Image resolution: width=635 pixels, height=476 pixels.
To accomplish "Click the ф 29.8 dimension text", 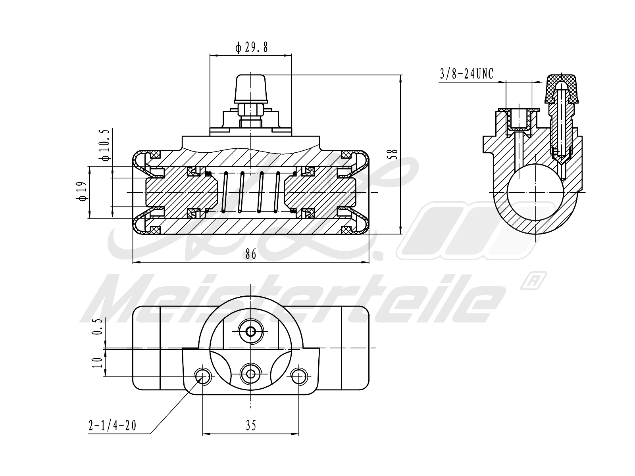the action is (252, 48).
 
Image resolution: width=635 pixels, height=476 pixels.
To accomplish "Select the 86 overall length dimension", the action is (250, 254).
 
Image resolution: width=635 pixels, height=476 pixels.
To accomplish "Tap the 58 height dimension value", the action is (394, 153).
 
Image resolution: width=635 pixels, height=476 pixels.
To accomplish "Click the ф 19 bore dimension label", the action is (83, 192).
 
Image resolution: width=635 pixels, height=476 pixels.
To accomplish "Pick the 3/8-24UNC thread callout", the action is (466, 74).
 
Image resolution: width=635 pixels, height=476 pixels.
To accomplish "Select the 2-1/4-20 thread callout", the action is (112, 426).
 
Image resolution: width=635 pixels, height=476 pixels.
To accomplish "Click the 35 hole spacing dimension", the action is (250, 426).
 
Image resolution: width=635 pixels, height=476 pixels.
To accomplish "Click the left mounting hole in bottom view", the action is (203, 376).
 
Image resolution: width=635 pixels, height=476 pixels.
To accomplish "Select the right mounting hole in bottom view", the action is (298, 376).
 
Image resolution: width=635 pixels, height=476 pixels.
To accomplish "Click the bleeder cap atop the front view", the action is (251, 88).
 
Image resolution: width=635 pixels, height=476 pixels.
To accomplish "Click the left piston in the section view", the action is (181, 192).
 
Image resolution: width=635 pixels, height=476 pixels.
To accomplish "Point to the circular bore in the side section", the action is (536, 192).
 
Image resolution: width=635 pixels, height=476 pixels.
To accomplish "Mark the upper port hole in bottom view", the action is (250, 331).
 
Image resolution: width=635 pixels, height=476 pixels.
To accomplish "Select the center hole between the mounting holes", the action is (250, 373).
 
